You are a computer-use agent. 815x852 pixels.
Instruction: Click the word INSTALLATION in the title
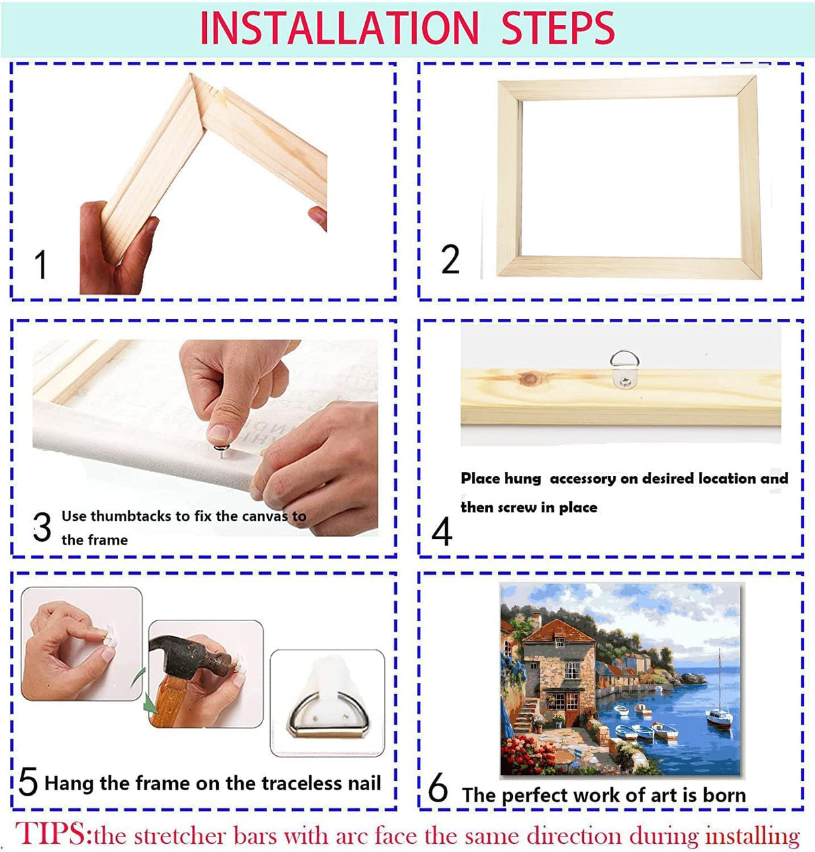click(x=339, y=28)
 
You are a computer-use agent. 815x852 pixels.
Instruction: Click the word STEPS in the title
click(x=558, y=28)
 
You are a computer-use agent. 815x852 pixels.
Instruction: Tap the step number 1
click(x=41, y=265)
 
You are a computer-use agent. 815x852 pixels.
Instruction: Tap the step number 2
click(x=450, y=260)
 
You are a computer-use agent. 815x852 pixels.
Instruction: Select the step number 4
click(x=442, y=533)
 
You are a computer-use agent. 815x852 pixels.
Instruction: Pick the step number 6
click(x=438, y=788)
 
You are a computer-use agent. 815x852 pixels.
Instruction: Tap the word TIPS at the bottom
click(x=52, y=835)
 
